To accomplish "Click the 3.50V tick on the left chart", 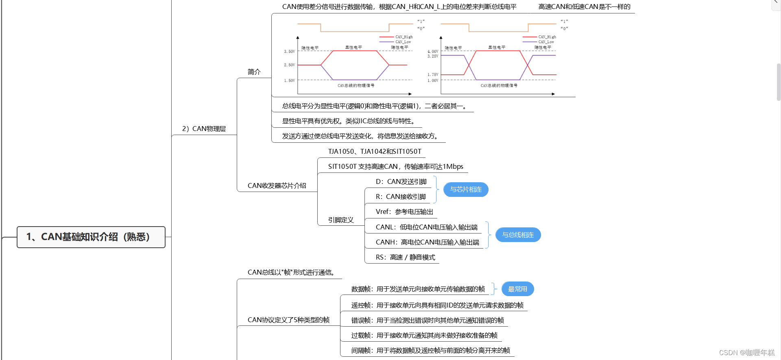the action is (x=290, y=52).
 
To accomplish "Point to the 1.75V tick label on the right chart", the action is (x=433, y=74).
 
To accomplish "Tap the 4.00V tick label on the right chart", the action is (x=433, y=52).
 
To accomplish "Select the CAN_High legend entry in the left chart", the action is (x=404, y=37).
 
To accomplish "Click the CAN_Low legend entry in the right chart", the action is (x=546, y=42).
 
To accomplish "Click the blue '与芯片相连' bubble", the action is (x=466, y=190).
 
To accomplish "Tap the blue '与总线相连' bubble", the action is (x=518, y=235).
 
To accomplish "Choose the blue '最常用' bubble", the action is (x=517, y=289).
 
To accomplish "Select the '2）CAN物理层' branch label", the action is (x=204, y=129).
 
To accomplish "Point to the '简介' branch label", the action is (x=254, y=72).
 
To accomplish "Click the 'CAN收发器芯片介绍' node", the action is (x=277, y=185).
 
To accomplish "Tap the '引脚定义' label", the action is (x=341, y=220).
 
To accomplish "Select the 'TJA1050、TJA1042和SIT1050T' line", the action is (x=375, y=151).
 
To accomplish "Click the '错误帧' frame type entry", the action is (x=427, y=320).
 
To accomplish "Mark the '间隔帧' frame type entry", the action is (x=430, y=350).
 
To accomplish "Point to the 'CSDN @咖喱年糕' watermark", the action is (x=747, y=353).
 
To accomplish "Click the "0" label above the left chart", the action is (x=421, y=28).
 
